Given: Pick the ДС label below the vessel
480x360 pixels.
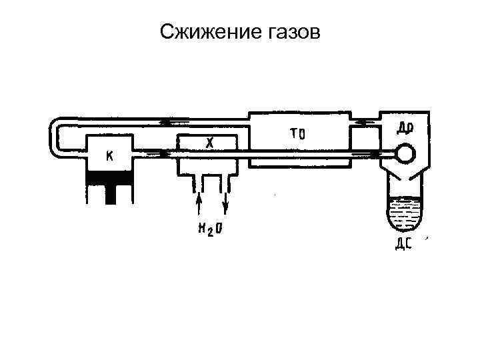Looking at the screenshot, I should [x=404, y=243].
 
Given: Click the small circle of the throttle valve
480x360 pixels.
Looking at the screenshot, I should [x=405, y=153].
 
